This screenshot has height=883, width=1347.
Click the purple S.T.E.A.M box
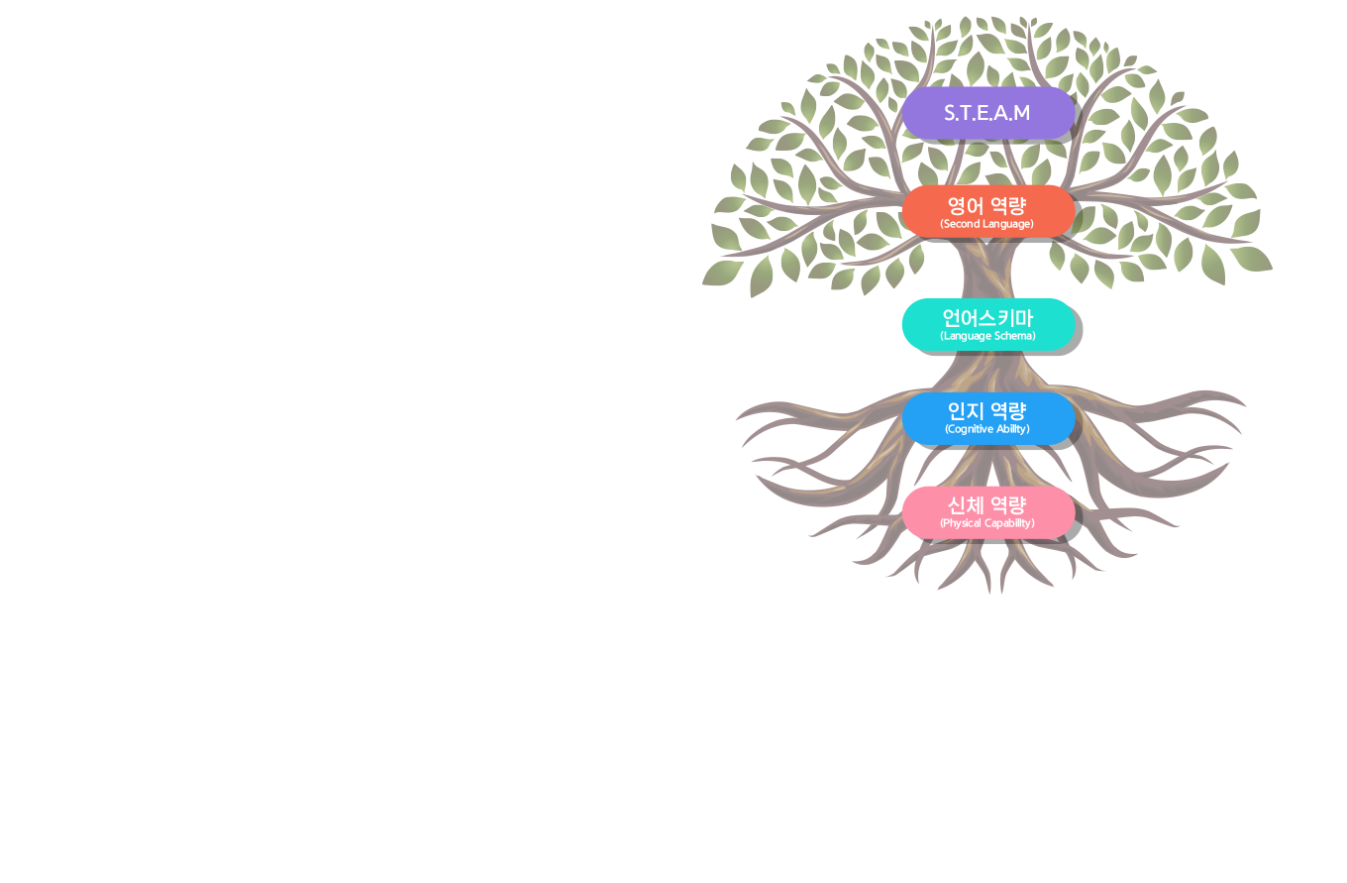[x=987, y=112]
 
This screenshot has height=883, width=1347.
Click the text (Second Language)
[x=986, y=224]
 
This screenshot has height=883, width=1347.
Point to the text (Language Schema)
[x=987, y=336]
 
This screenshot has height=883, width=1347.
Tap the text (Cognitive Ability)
[x=987, y=429]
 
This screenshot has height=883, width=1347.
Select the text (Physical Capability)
[x=987, y=523]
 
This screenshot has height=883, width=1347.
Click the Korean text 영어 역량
[x=986, y=205]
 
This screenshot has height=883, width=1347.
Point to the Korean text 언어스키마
[x=987, y=318]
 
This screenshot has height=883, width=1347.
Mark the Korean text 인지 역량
[x=986, y=410]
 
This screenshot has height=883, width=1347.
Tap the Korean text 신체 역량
[x=986, y=504]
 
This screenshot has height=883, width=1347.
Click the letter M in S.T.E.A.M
[x=1020, y=113]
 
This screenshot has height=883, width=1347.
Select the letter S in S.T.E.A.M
[x=950, y=113]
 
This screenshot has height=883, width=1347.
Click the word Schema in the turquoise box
[x=1014, y=336]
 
